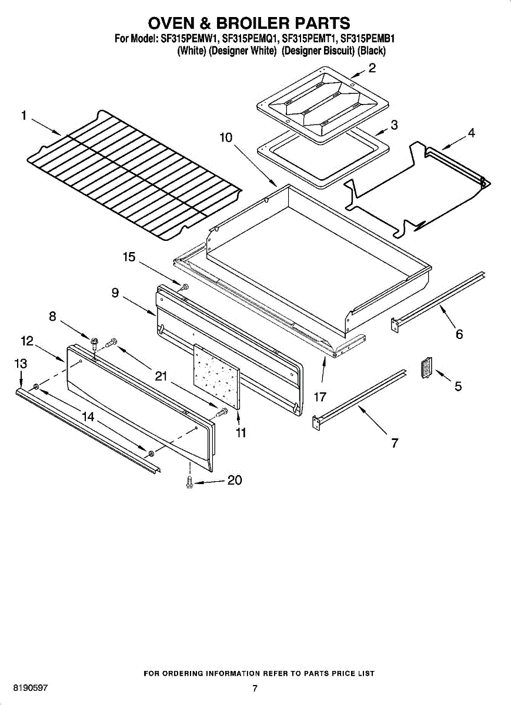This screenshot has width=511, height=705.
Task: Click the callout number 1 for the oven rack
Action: coord(24,116)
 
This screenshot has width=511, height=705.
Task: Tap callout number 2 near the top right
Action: coord(372,68)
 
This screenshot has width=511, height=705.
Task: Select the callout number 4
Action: coord(471,133)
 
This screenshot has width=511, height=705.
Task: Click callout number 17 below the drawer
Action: coord(320,397)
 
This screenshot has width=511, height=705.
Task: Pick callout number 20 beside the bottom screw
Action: coord(234,481)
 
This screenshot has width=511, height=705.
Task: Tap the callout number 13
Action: coord(21,364)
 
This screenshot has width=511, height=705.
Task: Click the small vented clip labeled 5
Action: coord(427,367)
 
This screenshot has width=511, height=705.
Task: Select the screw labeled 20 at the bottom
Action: coord(189,481)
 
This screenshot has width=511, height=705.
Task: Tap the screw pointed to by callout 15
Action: coord(183,287)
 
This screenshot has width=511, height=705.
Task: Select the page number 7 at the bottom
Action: coord(255,689)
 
